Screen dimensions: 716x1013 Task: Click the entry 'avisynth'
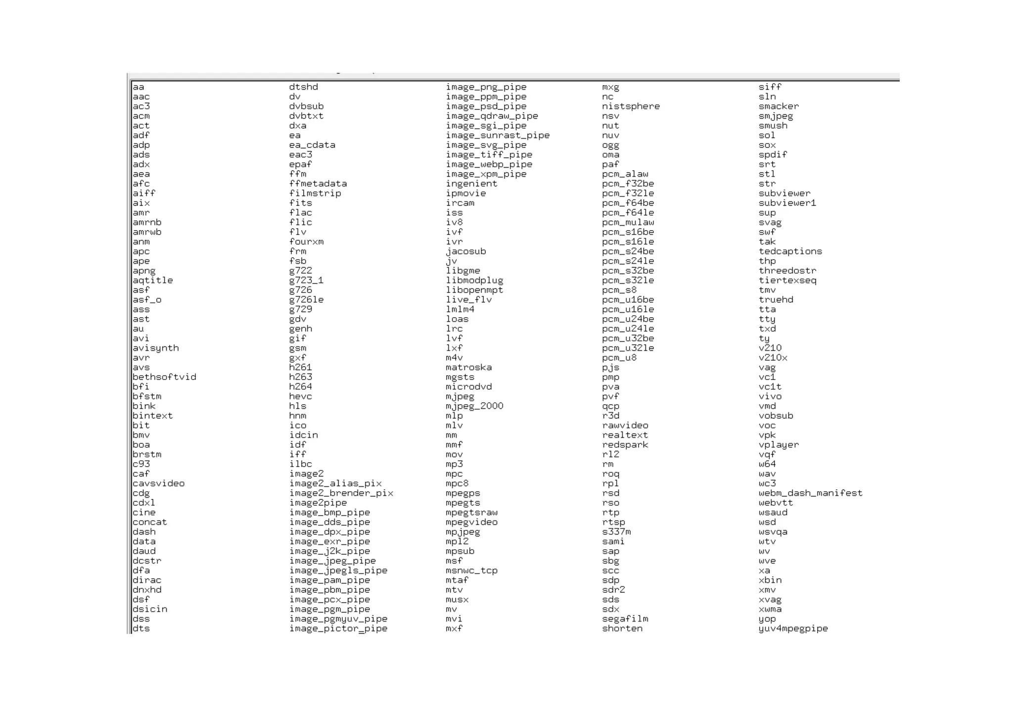pos(155,348)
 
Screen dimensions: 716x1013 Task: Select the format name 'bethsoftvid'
pos(164,378)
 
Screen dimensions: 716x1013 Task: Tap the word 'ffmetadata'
pos(318,184)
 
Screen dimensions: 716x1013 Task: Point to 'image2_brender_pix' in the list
pos(341,493)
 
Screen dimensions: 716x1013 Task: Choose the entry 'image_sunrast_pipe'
pos(497,136)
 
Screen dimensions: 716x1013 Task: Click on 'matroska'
pos(468,368)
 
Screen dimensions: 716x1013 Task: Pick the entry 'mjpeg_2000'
pos(474,406)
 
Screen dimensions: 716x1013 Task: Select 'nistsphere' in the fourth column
pos(630,106)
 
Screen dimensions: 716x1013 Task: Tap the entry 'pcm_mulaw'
pos(628,223)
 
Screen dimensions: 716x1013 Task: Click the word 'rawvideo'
pos(625,426)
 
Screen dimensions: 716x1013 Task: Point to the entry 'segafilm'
pos(625,619)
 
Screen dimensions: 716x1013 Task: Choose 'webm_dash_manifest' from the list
pos(810,493)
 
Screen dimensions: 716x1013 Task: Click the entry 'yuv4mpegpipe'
pos(793,629)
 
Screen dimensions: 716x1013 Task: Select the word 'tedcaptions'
pos(790,251)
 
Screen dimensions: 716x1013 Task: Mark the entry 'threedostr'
pos(787,271)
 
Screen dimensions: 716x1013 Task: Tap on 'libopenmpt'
pos(474,290)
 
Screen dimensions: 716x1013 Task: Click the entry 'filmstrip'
pos(315,193)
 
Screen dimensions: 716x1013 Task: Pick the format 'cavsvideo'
pos(158,483)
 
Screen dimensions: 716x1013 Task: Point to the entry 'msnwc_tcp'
pos(471,571)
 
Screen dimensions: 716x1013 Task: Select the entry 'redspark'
pos(625,445)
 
